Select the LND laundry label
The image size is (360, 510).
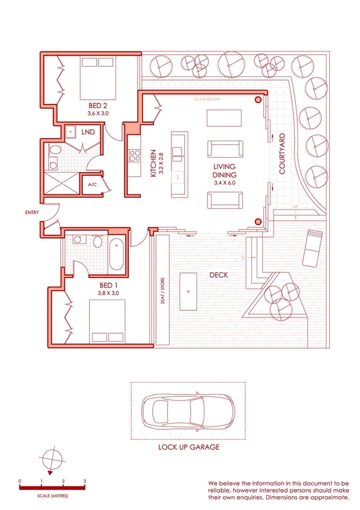(x=88, y=131)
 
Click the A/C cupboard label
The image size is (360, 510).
(x=93, y=185)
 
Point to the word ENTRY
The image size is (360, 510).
(x=33, y=212)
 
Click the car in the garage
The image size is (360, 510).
(x=186, y=410)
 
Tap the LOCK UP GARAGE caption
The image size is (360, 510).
(x=188, y=447)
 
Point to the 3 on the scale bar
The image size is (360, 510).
(x=85, y=482)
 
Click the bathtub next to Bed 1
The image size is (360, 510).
(x=117, y=254)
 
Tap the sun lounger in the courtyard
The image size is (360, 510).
(x=313, y=247)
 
